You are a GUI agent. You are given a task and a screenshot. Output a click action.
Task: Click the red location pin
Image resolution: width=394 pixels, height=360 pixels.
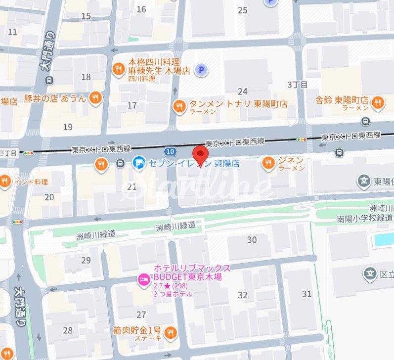click(200, 156)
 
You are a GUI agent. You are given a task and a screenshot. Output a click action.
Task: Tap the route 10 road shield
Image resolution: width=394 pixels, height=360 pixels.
click(171, 151)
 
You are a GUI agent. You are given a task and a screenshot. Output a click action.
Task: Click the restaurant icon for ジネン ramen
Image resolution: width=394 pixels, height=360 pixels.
click(268, 162)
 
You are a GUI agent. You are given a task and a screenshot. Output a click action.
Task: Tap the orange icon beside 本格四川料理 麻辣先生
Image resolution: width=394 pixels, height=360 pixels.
click(118, 69)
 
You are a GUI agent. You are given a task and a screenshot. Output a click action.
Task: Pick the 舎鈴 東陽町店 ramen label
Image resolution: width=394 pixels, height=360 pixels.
click(342, 100)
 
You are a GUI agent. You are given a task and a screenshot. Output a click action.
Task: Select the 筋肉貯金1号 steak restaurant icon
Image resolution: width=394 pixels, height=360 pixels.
click(170, 331)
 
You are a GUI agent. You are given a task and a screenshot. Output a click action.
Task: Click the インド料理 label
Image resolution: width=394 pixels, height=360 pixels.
click(31, 182)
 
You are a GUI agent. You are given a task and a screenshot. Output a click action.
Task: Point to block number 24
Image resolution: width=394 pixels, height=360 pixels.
click(242, 91)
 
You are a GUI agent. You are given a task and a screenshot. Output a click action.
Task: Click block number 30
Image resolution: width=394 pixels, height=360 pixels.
click(252, 240)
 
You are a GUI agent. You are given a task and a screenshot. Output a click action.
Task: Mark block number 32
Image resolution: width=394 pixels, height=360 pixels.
click(242, 295)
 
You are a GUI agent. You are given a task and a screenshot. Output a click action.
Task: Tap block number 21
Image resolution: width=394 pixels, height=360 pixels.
click(132, 186)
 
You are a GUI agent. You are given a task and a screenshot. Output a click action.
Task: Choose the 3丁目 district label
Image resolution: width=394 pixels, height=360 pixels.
click(297, 85)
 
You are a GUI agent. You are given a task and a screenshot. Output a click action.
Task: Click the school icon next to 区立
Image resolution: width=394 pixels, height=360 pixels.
click(369, 273)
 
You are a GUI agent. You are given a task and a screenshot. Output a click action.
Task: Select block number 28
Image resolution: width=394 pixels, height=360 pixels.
click(68, 330)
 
